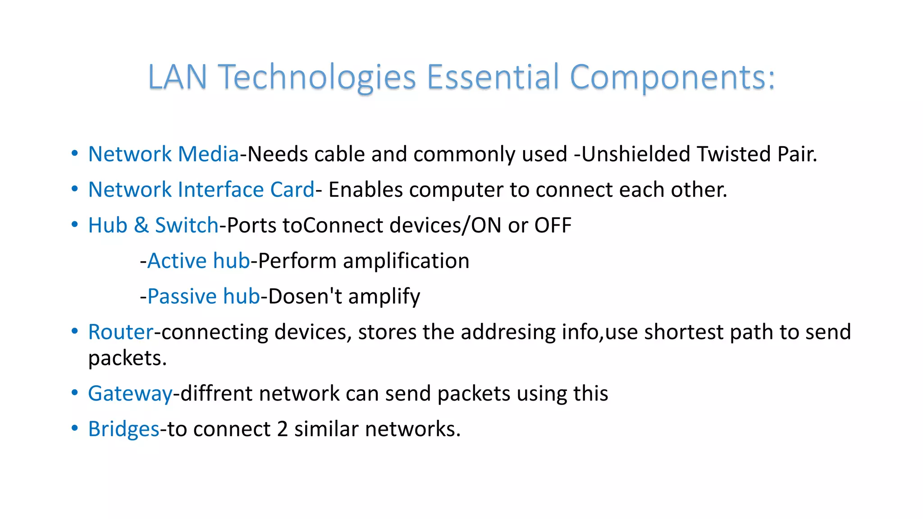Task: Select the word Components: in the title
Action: tap(672, 77)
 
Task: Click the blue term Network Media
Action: tap(163, 154)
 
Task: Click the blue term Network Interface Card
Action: tap(201, 190)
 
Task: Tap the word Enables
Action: tap(366, 190)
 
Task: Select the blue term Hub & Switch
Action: tap(153, 225)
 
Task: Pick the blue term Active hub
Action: tap(198, 261)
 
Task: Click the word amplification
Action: tap(406, 261)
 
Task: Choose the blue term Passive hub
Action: tap(204, 296)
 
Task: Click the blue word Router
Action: tap(121, 332)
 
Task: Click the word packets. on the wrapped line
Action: tap(128, 359)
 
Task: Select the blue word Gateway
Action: tap(130, 394)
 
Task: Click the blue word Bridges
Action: tap(123, 429)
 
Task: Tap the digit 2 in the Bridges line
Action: tap(282, 429)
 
